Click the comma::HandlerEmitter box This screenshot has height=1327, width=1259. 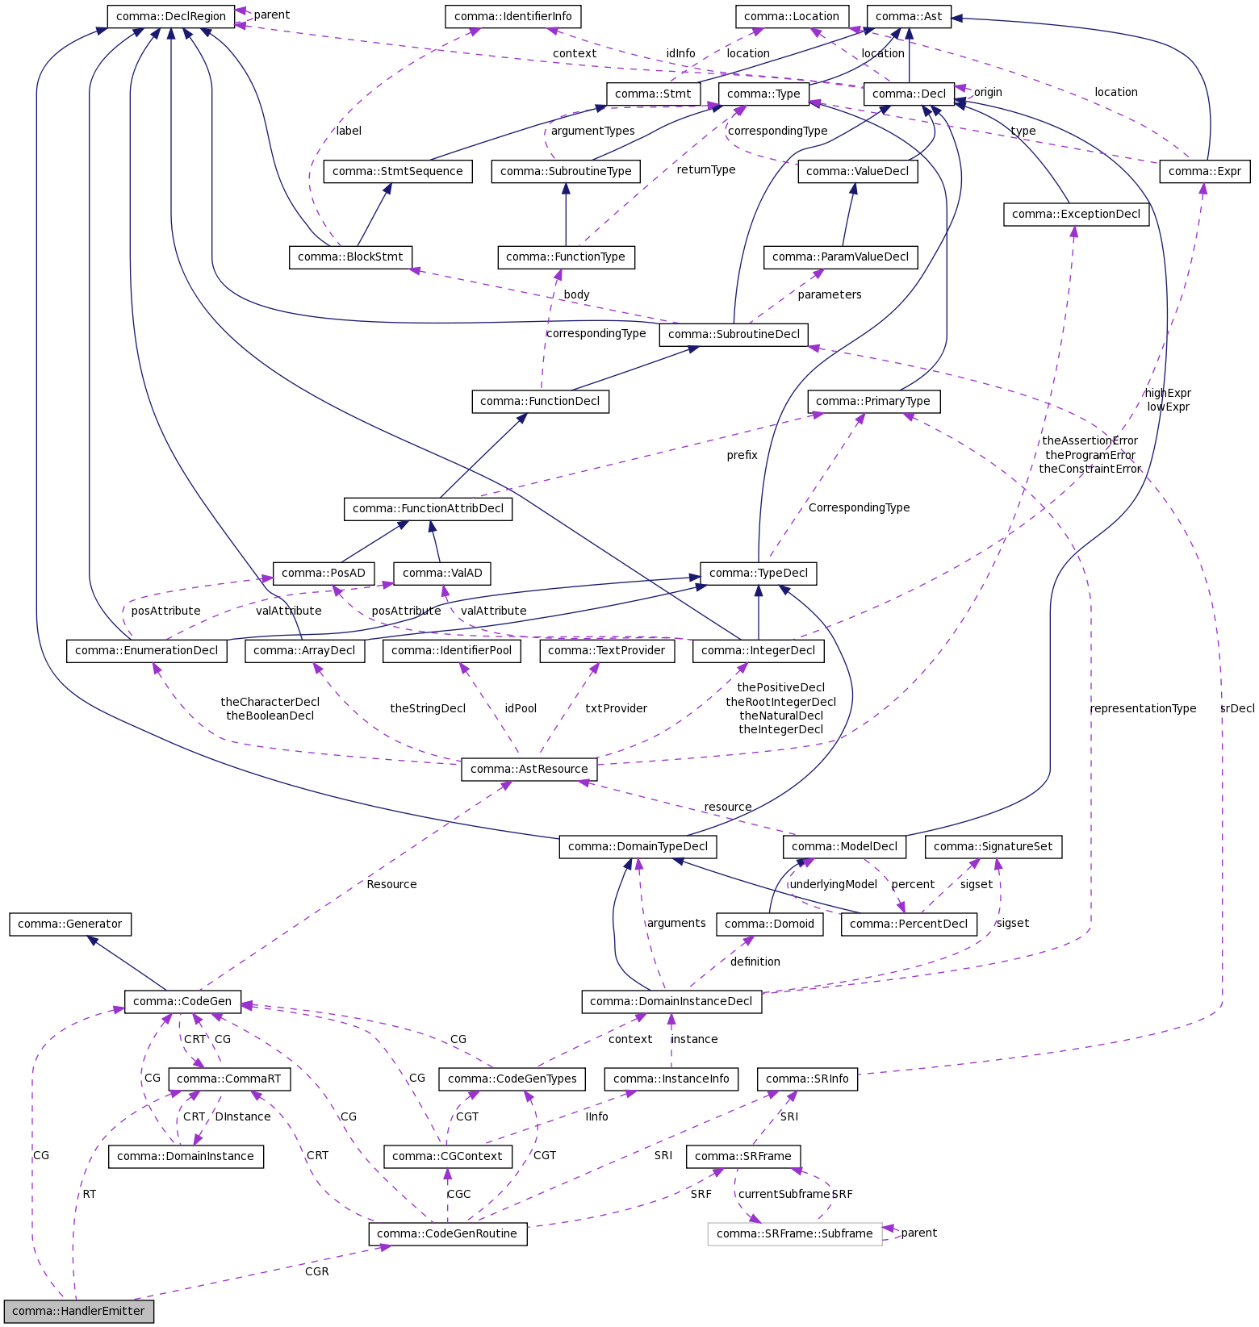point(78,1311)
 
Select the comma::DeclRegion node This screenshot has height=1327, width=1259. point(171,15)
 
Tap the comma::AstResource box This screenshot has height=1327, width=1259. point(529,769)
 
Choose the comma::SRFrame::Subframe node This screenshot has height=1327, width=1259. point(794,1233)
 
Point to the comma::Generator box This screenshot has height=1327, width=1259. point(70,924)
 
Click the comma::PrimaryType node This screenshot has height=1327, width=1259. point(873,401)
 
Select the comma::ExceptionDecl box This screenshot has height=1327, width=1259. point(1076,214)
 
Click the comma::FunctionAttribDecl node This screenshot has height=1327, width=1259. point(428,508)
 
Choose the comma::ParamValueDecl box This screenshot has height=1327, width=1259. point(840,257)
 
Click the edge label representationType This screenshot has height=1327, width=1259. point(1143,708)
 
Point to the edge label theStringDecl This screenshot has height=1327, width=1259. point(428,708)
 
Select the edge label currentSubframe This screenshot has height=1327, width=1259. point(784,1194)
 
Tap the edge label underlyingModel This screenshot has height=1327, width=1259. point(833,884)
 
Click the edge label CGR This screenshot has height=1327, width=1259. point(316,1271)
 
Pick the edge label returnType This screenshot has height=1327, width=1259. point(706,169)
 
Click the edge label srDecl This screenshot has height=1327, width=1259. point(1237,708)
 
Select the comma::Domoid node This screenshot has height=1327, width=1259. point(770,924)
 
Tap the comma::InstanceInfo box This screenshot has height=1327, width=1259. point(671,1079)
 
